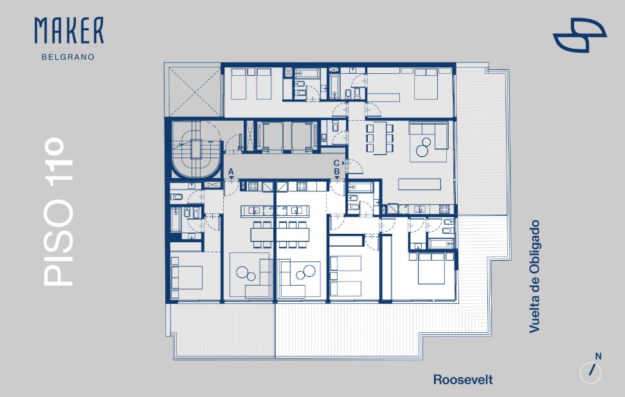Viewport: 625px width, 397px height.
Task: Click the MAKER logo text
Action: click(69, 30)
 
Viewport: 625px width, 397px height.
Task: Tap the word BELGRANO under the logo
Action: click(68, 57)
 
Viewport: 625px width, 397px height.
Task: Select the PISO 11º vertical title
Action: click(59, 212)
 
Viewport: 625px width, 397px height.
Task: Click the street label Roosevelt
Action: click(463, 380)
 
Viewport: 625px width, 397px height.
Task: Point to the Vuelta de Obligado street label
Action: click(534, 277)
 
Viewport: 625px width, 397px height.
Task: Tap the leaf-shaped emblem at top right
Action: click(579, 35)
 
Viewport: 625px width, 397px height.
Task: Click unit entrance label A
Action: click(231, 172)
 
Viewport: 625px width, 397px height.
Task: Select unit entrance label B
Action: click(337, 172)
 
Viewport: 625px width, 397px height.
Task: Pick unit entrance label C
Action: click(336, 163)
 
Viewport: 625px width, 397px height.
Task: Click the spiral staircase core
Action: click(196, 149)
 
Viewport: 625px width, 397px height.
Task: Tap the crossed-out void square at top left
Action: click(195, 91)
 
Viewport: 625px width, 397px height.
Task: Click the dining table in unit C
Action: click(380, 137)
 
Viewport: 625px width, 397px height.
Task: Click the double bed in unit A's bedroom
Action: click(186, 278)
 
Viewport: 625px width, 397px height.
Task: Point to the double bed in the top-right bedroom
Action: click(426, 84)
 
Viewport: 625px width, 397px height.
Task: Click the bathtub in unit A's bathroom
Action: click(176, 220)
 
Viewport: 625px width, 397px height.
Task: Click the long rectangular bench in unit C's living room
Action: click(419, 184)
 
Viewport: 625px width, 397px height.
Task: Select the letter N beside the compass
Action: click(598, 357)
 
